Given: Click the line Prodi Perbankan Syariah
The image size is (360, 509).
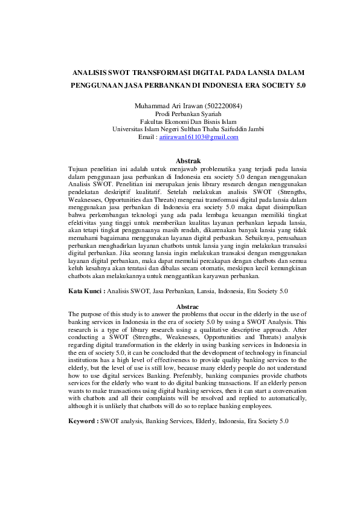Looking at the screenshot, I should [188, 114].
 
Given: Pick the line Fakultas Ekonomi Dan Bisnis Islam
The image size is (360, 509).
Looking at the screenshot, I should [188, 122].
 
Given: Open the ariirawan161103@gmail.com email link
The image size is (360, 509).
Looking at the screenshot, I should [199, 137].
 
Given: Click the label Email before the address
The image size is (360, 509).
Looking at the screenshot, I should [147, 137].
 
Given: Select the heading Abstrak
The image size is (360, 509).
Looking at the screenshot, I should [187, 161].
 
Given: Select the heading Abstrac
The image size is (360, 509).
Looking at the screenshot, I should [187, 307].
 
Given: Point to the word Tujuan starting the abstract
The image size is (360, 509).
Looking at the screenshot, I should [79, 169].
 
